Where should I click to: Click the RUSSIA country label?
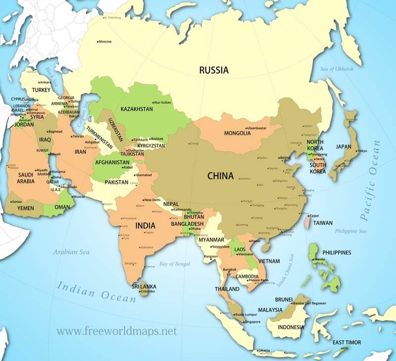[214, 70]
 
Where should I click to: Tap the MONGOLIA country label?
[238, 133]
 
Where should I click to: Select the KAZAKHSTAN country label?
[137, 109]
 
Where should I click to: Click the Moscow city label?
[104, 41]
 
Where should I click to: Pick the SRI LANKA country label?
[141, 286]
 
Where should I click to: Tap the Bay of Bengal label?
[174, 264]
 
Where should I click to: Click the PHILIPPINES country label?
[337, 252]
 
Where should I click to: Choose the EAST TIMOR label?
[346, 342]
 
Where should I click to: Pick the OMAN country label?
[61, 207]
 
